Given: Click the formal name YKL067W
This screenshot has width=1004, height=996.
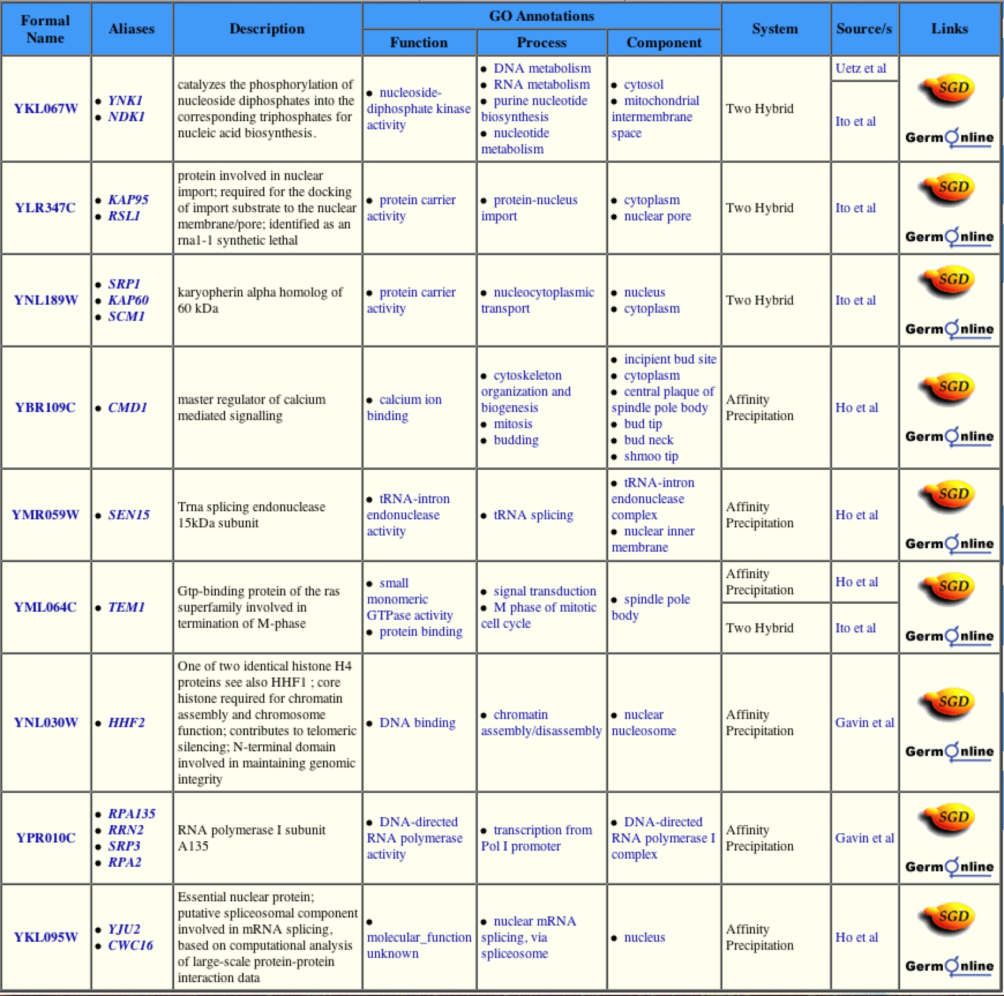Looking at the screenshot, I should point(46,108).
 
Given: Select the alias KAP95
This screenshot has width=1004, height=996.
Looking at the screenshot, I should point(128,200).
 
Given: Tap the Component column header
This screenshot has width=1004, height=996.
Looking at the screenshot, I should point(664,43).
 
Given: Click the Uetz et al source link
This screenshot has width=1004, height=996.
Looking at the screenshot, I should point(860,68).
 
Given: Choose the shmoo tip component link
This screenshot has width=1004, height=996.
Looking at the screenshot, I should point(651,456).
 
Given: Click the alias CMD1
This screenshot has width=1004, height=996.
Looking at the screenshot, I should point(128,407).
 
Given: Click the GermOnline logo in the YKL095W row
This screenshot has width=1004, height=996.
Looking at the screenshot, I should point(949,966).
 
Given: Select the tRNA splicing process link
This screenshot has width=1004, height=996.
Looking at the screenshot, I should point(533,515).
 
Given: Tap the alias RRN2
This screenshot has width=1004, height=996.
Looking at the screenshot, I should point(126,830).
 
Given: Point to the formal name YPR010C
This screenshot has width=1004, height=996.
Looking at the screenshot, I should point(46,838).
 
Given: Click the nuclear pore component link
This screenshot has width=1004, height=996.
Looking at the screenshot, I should point(657,216).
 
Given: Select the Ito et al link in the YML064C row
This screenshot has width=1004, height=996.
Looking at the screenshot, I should point(855,628).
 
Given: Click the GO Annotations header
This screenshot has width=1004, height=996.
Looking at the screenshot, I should point(541,16).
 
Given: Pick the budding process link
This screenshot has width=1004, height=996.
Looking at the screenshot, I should point(516,440).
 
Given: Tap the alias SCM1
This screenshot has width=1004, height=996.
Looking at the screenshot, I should point(126,316).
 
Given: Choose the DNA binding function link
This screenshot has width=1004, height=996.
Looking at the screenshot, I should point(417,722).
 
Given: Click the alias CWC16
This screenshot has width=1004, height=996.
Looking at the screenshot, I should point(130,945).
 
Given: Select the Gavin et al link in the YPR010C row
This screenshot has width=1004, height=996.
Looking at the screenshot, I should point(864,838).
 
